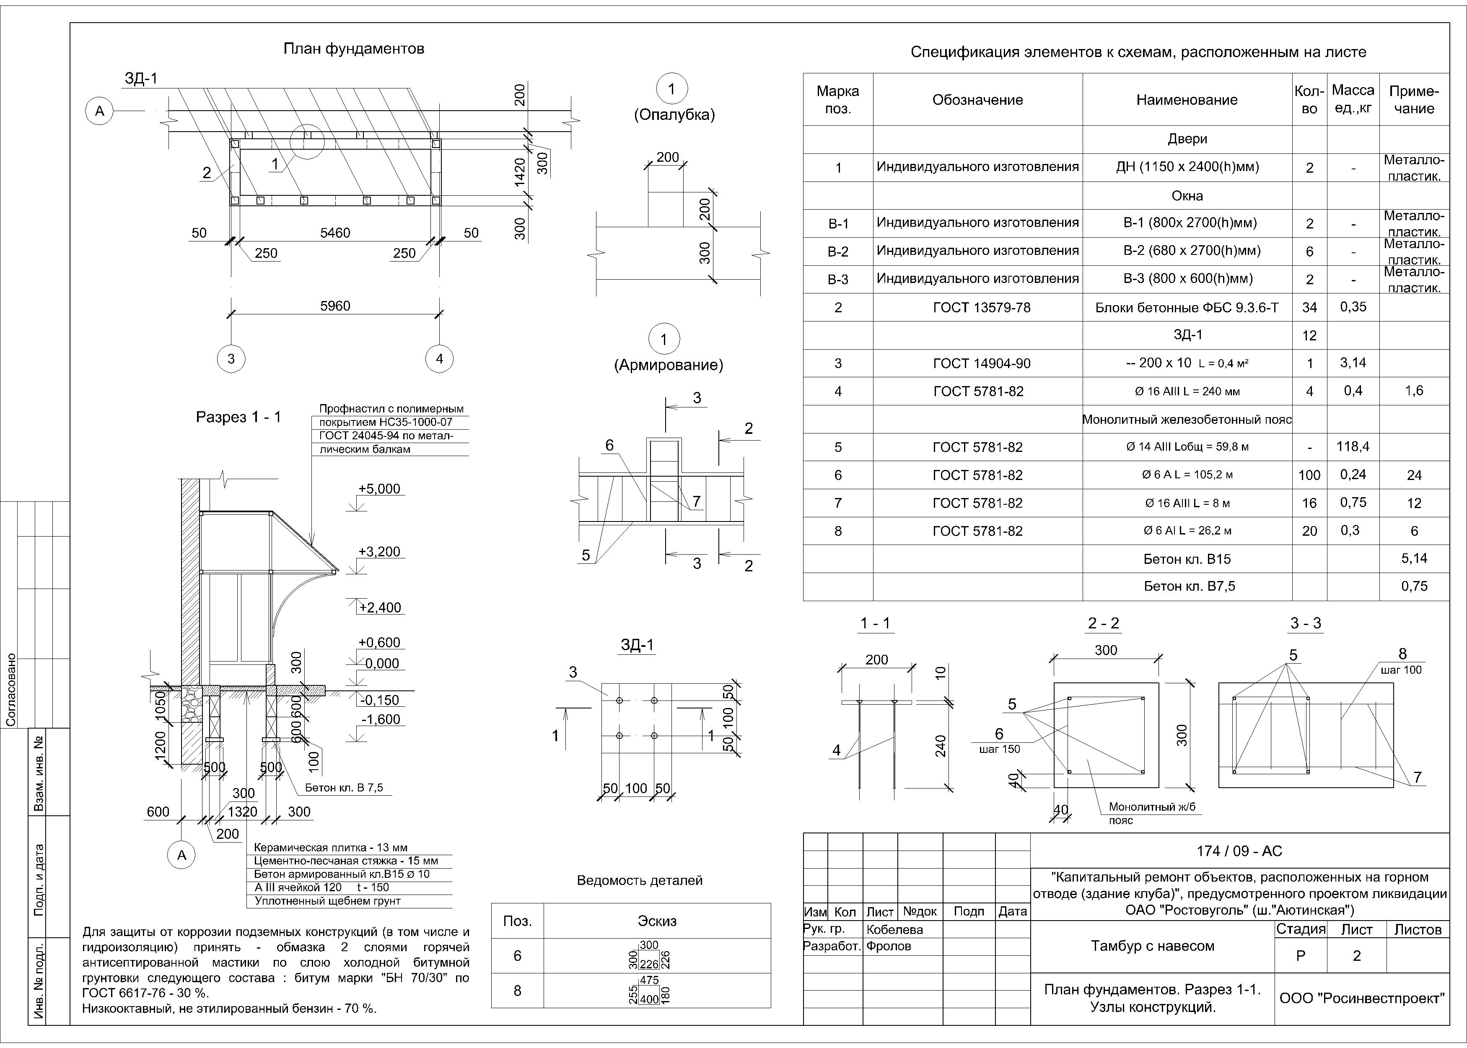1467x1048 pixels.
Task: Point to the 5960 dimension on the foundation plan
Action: point(335,306)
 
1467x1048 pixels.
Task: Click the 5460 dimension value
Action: point(335,233)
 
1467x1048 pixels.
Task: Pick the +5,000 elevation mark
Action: point(379,489)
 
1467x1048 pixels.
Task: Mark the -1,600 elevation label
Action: point(381,719)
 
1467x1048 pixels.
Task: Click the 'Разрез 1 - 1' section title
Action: point(238,417)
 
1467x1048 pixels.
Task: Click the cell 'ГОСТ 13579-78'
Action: point(977,308)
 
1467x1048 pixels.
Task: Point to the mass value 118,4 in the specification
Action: point(1353,446)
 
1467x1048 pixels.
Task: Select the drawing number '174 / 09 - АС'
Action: point(1239,851)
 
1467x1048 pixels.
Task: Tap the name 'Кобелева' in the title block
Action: point(895,930)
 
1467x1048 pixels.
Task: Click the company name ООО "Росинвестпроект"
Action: point(1362,998)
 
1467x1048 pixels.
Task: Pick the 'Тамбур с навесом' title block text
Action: point(1152,946)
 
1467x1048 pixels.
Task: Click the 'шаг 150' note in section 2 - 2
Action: point(999,749)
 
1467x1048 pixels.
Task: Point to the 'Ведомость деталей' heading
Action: point(639,881)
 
